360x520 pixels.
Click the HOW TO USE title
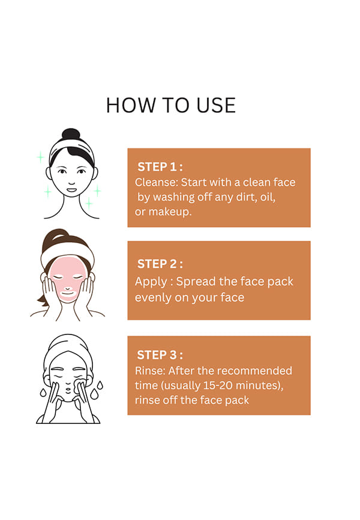(x=171, y=106)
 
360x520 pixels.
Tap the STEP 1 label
(x=160, y=167)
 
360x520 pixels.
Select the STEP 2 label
(x=160, y=264)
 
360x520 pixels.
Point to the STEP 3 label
(x=160, y=355)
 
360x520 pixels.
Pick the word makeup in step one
(x=170, y=211)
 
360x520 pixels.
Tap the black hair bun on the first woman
(x=71, y=134)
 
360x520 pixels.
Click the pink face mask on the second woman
(x=68, y=279)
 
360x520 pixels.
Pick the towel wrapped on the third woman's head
(x=68, y=348)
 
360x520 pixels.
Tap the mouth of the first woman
(x=71, y=190)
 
